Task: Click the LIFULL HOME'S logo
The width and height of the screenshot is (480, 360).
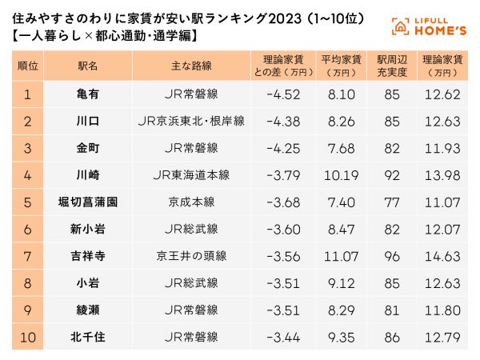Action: [x=429, y=25]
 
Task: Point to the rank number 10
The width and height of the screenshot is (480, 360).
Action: [x=28, y=338]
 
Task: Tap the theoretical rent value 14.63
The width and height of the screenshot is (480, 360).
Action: [x=442, y=257]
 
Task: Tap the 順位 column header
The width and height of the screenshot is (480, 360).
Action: [x=28, y=66]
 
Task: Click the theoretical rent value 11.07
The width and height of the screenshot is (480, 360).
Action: [x=442, y=202]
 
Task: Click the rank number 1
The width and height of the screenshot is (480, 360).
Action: [x=28, y=94]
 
